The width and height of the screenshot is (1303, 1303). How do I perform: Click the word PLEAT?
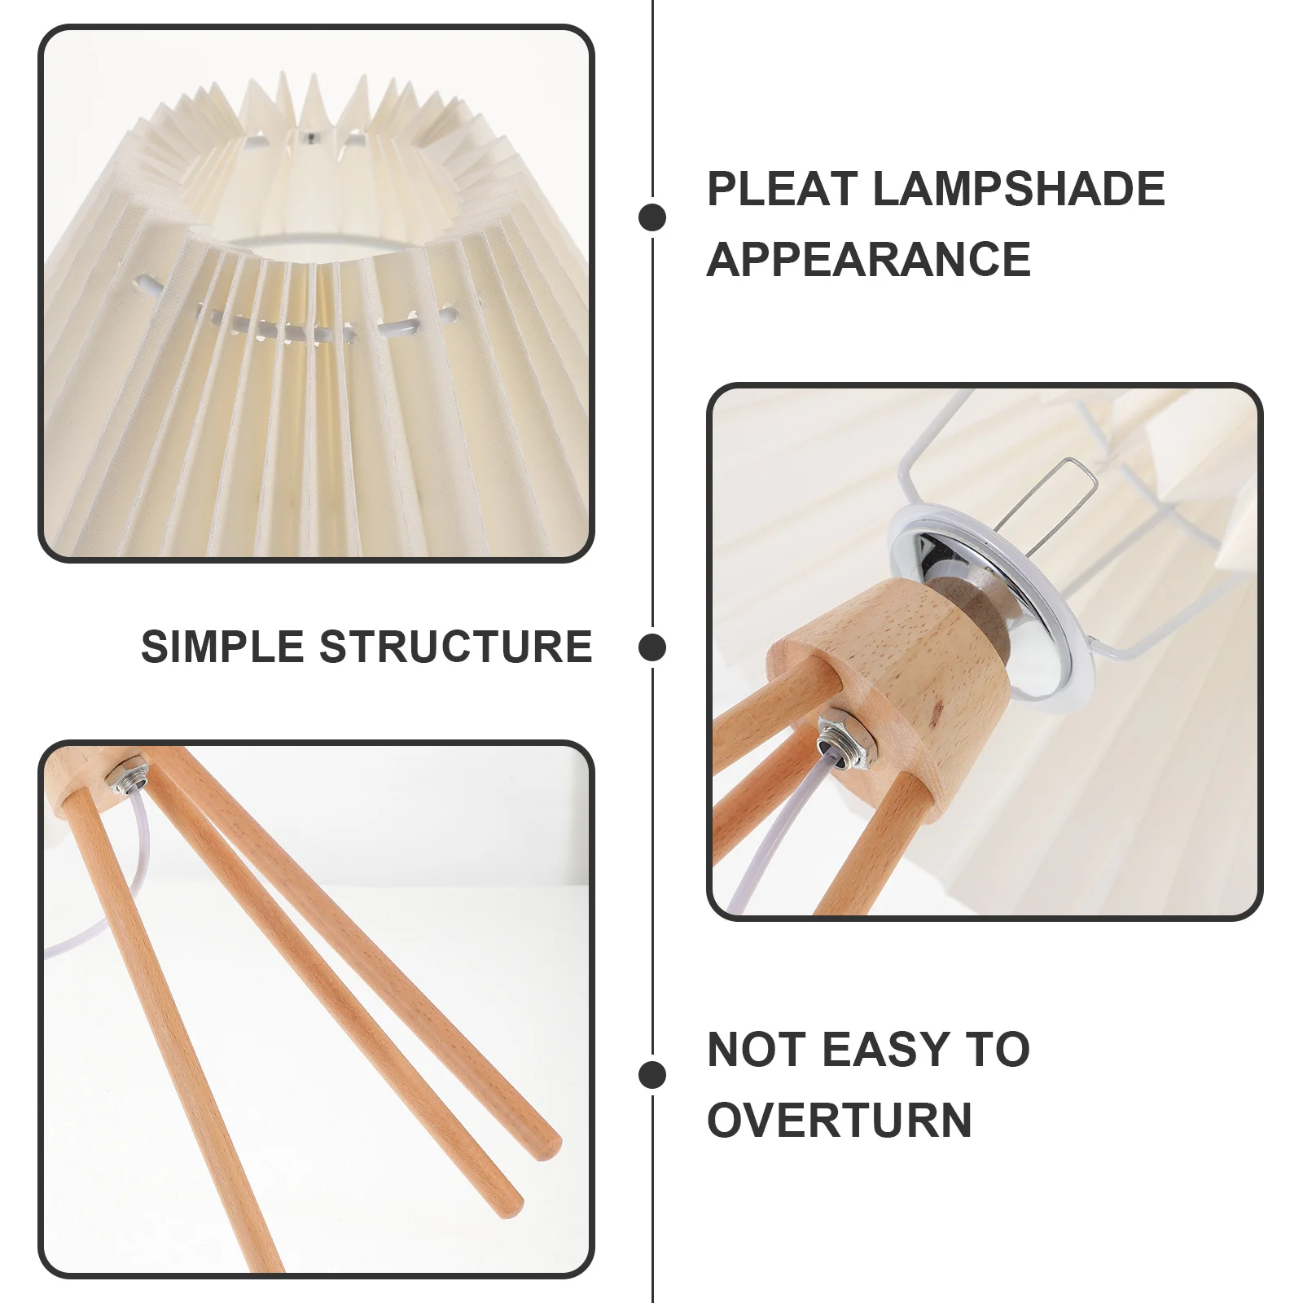(x=781, y=189)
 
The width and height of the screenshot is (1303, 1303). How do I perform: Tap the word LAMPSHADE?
(x=1018, y=189)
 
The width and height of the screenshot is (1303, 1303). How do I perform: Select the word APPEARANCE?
(x=868, y=260)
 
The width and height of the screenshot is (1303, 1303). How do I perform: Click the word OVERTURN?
(x=840, y=1120)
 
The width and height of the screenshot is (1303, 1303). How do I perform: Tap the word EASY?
(x=887, y=1049)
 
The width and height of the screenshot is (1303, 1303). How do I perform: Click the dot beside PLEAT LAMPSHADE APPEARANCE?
(x=652, y=217)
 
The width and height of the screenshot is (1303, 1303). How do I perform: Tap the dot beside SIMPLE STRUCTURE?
(x=652, y=647)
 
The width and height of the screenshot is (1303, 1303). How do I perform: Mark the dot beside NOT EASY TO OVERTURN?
(x=652, y=1074)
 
